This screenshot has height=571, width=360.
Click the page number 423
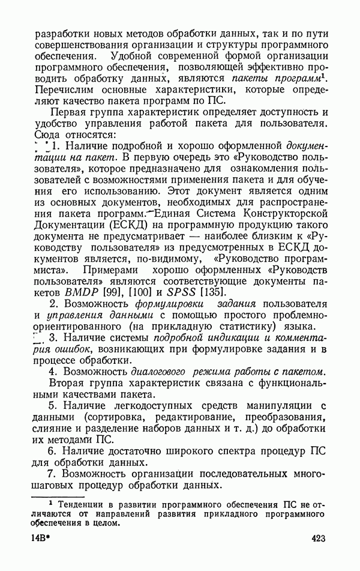coord(317,539)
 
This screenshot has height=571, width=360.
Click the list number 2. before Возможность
coord(53,305)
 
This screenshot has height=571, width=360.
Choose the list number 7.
coord(53,474)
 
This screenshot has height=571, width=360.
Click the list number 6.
coord(53,450)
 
